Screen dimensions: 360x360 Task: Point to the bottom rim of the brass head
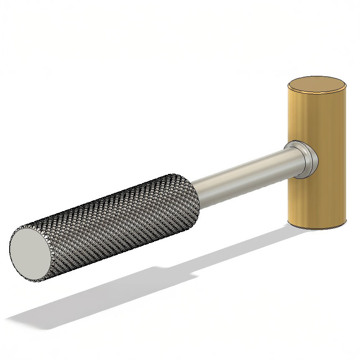click(x=318, y=228)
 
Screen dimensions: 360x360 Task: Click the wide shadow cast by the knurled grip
click(x=105, y=293)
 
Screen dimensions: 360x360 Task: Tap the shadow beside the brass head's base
click(x=289, y=232)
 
